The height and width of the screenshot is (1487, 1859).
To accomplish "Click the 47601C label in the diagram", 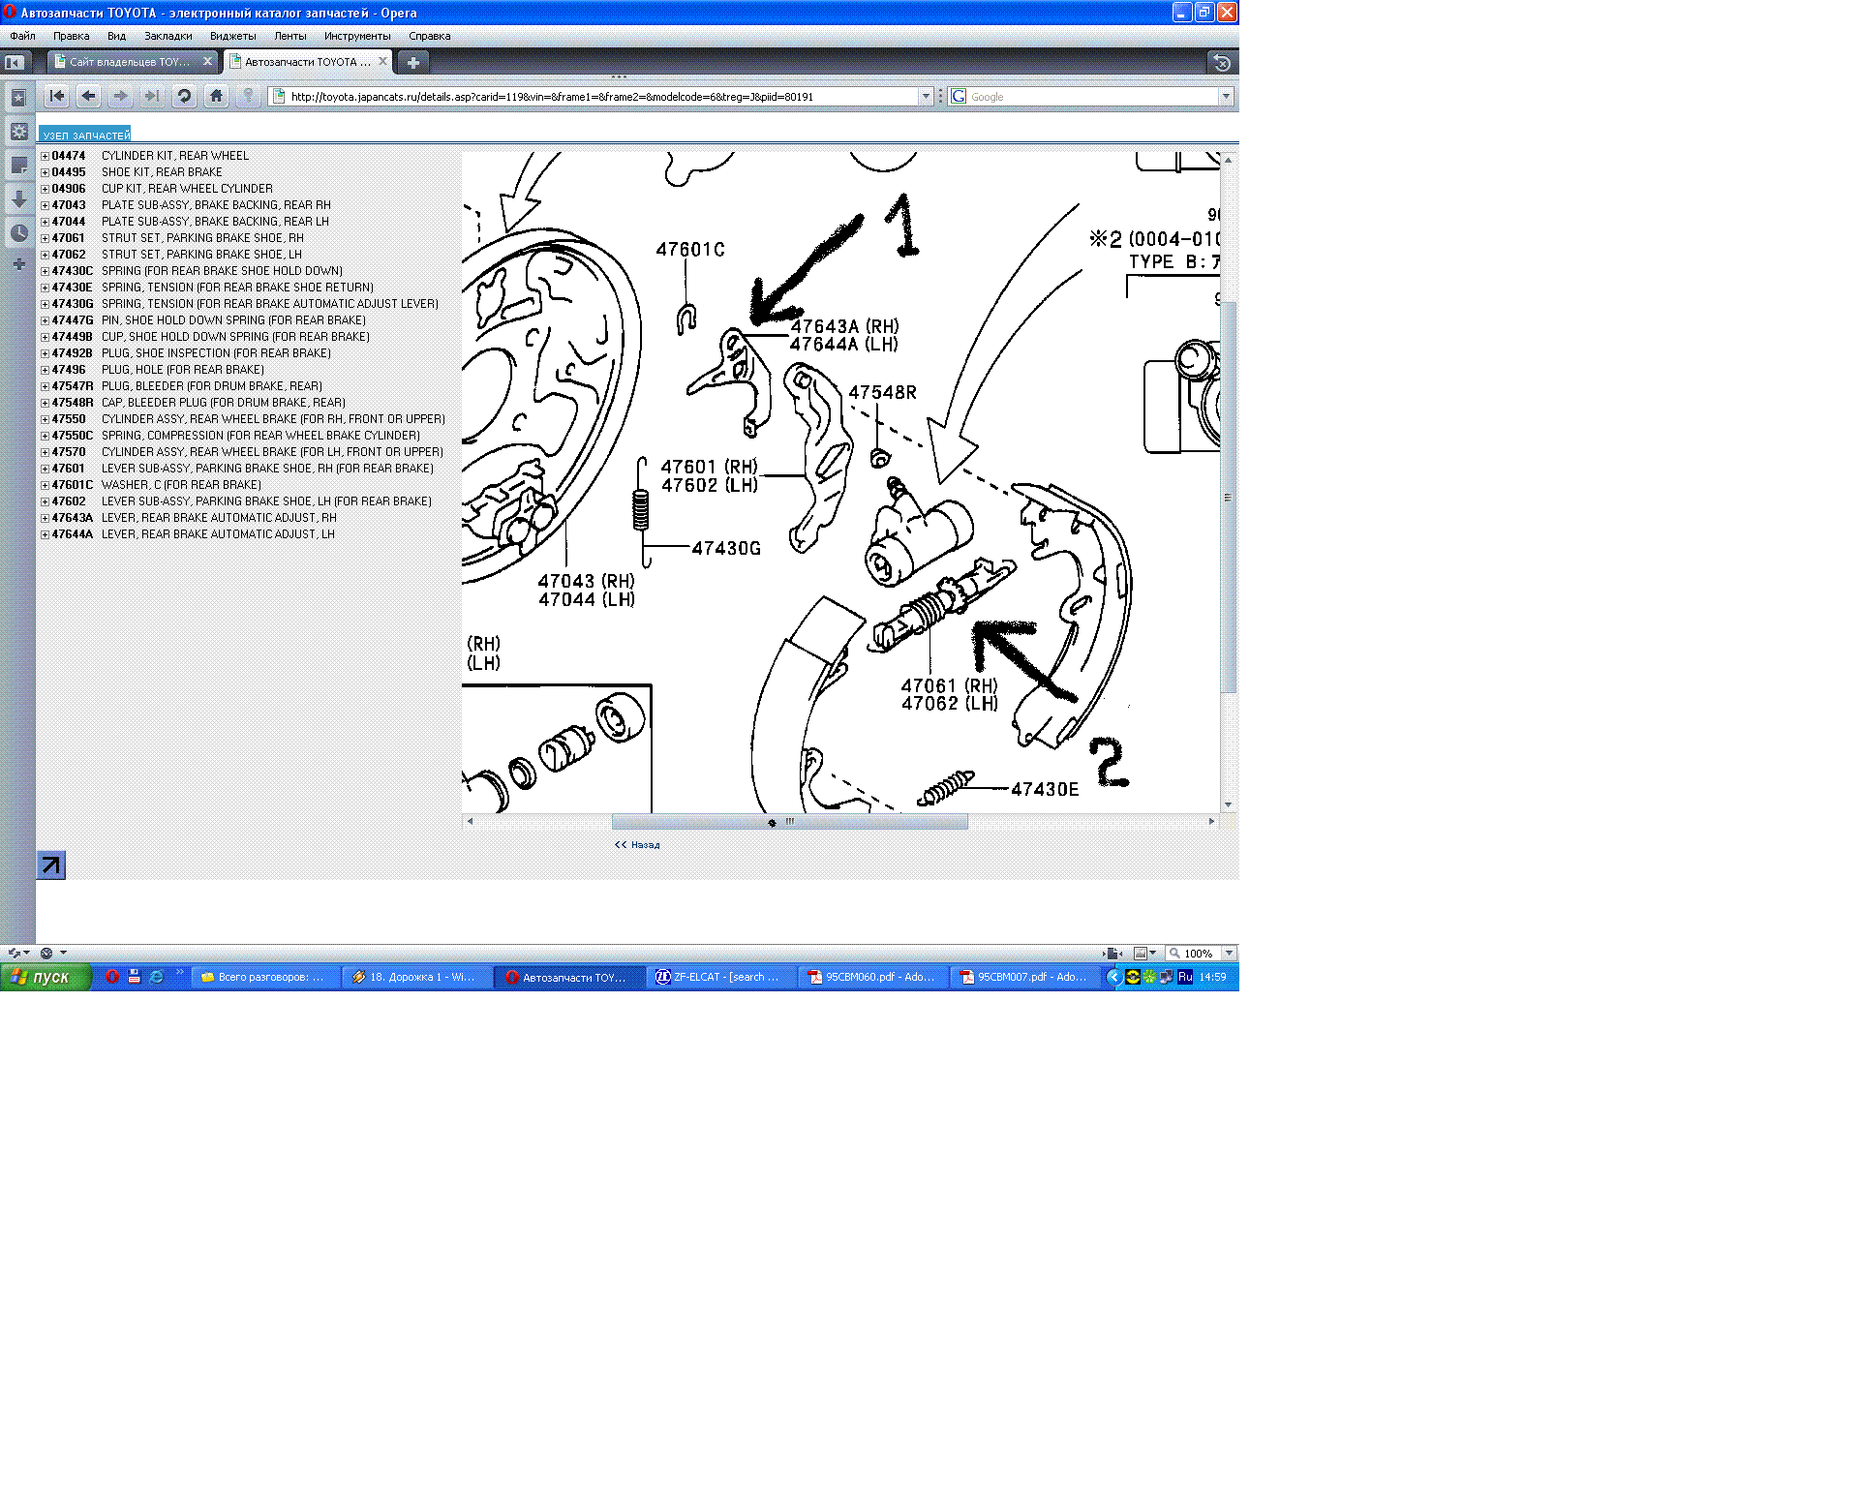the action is pos(690,250).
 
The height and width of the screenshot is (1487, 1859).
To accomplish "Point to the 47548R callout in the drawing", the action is pos(882,392).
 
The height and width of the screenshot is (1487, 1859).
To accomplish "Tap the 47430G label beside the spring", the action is pos(726,549).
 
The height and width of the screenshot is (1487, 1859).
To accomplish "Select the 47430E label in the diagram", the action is pos(1045,790).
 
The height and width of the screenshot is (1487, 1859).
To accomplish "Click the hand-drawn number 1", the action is pos(903,226).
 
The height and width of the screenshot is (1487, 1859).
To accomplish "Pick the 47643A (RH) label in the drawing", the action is pos(844,327).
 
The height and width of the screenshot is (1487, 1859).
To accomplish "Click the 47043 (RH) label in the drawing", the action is pos(587,582).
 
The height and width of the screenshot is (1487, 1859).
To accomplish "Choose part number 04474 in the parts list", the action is pos(69,156).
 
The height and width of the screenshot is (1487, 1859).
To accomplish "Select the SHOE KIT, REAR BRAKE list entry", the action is pos(162,172).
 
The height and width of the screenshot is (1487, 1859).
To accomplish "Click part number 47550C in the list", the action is pos(73,436).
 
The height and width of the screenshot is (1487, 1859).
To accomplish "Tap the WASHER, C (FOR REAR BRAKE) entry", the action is pos(181,485).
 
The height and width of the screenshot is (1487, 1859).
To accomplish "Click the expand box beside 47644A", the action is pos(45,534).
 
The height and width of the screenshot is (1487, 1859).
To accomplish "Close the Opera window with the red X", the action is pos(1227,13).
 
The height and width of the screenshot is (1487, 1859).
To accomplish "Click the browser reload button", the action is pos(184,96).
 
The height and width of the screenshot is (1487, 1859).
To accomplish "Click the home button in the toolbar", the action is pos(217,96).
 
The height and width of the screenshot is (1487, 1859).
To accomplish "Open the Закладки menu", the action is pos(168,36).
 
